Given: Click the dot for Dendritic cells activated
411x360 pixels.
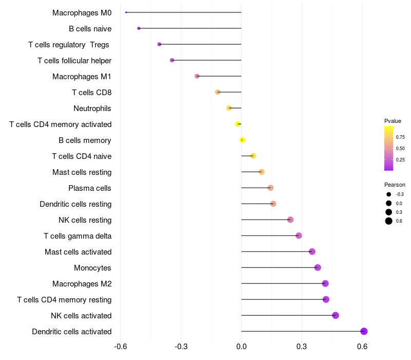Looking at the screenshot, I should tap(364, 331).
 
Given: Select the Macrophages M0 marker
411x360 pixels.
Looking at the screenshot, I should tap(126, 12).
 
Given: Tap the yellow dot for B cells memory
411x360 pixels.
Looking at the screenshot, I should tap(242, 140).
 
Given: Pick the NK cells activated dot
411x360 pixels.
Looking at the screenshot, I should tap(335, 315).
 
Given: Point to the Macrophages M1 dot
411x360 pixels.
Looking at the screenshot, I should tap(197, 76).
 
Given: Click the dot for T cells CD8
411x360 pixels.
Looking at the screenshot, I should tap(218, 92).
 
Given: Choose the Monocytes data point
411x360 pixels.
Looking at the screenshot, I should tap(317, 267).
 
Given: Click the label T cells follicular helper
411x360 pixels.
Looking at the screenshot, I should tap(74, 61).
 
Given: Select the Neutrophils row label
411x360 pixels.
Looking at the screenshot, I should tap(92, 109).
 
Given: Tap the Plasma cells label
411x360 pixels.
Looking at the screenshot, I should tap(90, 188).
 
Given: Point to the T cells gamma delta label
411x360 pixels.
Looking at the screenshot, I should tap(78, 236).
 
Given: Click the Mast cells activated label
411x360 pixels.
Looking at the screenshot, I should tap(78, 252).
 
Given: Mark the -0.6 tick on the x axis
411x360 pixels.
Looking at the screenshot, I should tap(120, 347).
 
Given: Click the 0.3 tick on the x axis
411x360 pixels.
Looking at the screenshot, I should tap(302, 347).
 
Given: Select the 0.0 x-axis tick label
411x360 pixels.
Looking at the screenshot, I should tap(241, 347).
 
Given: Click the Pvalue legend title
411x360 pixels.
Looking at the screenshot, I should tap(393, 121).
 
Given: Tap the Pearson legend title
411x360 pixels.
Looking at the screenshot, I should tap(395, 185).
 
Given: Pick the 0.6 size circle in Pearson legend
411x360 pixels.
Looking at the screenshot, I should tap(389, 221).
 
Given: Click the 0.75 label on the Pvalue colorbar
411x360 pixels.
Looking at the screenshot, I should tap(400, 137).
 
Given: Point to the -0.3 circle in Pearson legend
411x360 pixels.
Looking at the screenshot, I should tap(389, 194).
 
